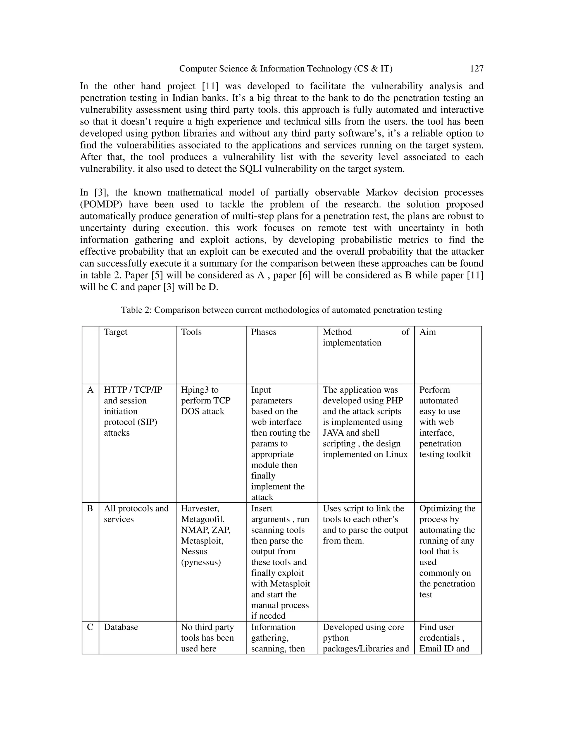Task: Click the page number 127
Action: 476,69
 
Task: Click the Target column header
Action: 116,332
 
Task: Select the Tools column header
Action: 191,332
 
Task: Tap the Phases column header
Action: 264,332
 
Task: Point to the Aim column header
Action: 427,332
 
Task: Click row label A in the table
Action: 90,390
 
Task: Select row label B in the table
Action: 90,509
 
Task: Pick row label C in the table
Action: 90,627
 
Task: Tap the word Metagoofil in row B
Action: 203,519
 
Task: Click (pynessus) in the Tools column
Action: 201,562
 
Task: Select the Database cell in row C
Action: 121,627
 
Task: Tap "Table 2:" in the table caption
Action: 136,310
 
